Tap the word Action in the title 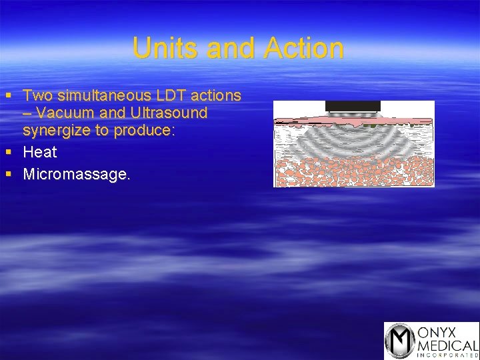(305, 48)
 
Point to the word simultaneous (106, 96)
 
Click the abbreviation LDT (173, 96)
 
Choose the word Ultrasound (171, 113)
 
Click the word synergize (57, 131)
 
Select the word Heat (40, 152)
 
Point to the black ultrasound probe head (353, 106)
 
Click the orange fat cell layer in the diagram (353, 172)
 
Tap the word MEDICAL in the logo (447, 345)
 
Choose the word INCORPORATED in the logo (447, 355)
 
